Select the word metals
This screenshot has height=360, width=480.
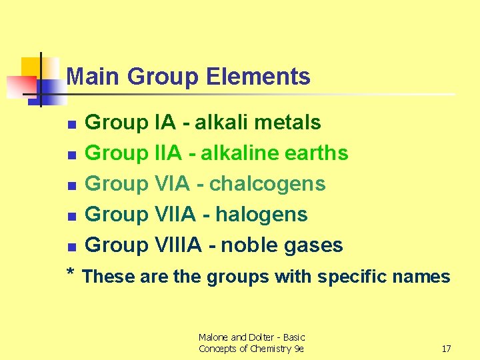pyautogui.click(x=290, y=123)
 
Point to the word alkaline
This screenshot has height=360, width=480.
pyautogui.click(x=239, y=153)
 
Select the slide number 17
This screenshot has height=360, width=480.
pyautogui.click(x=446, y=349)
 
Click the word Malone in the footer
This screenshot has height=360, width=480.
pyautogui.click(x=214, y=337)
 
